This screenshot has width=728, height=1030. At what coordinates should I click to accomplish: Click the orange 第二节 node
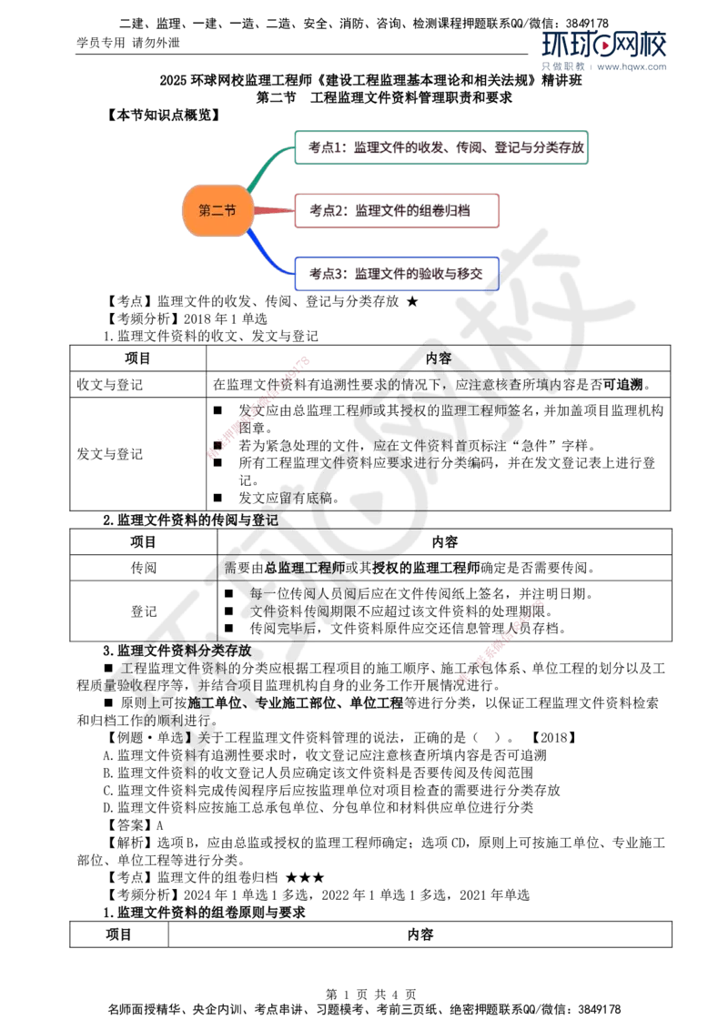[217, 210]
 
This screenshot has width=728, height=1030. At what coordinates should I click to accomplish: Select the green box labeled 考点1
[440, 147]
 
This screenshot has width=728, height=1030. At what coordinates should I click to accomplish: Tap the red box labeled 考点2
[397, 210]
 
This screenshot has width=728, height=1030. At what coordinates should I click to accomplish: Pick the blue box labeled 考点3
[397, 273]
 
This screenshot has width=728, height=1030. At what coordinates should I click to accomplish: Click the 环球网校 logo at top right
[604, 45]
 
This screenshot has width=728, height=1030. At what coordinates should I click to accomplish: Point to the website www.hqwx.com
[632, 66]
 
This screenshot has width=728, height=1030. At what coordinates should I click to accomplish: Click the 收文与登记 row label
[110, 384]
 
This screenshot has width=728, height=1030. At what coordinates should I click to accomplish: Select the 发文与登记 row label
[110, 454]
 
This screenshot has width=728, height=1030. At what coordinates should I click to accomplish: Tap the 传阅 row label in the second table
[143, 568]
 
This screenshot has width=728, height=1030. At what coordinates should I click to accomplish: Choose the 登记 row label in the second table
[143, 611]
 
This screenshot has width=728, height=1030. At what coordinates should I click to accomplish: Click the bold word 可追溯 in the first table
[622, 384]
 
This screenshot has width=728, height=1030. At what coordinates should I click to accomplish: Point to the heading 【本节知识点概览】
[164, 115]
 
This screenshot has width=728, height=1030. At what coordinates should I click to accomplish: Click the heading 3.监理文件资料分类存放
[177, 651]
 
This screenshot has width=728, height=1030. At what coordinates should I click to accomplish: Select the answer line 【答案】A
[134, 825]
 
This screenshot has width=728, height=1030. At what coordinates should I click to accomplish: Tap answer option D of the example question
[318, 807]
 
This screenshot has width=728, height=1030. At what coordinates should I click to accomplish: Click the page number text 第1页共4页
[370, 995]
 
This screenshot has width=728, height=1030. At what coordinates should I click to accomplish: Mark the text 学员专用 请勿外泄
[128, 43]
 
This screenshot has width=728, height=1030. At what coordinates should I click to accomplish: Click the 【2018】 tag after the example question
[554, 738]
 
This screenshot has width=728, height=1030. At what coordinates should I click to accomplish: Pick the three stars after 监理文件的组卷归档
[305, 878]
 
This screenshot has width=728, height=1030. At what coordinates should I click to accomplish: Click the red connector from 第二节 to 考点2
[273, 210]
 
